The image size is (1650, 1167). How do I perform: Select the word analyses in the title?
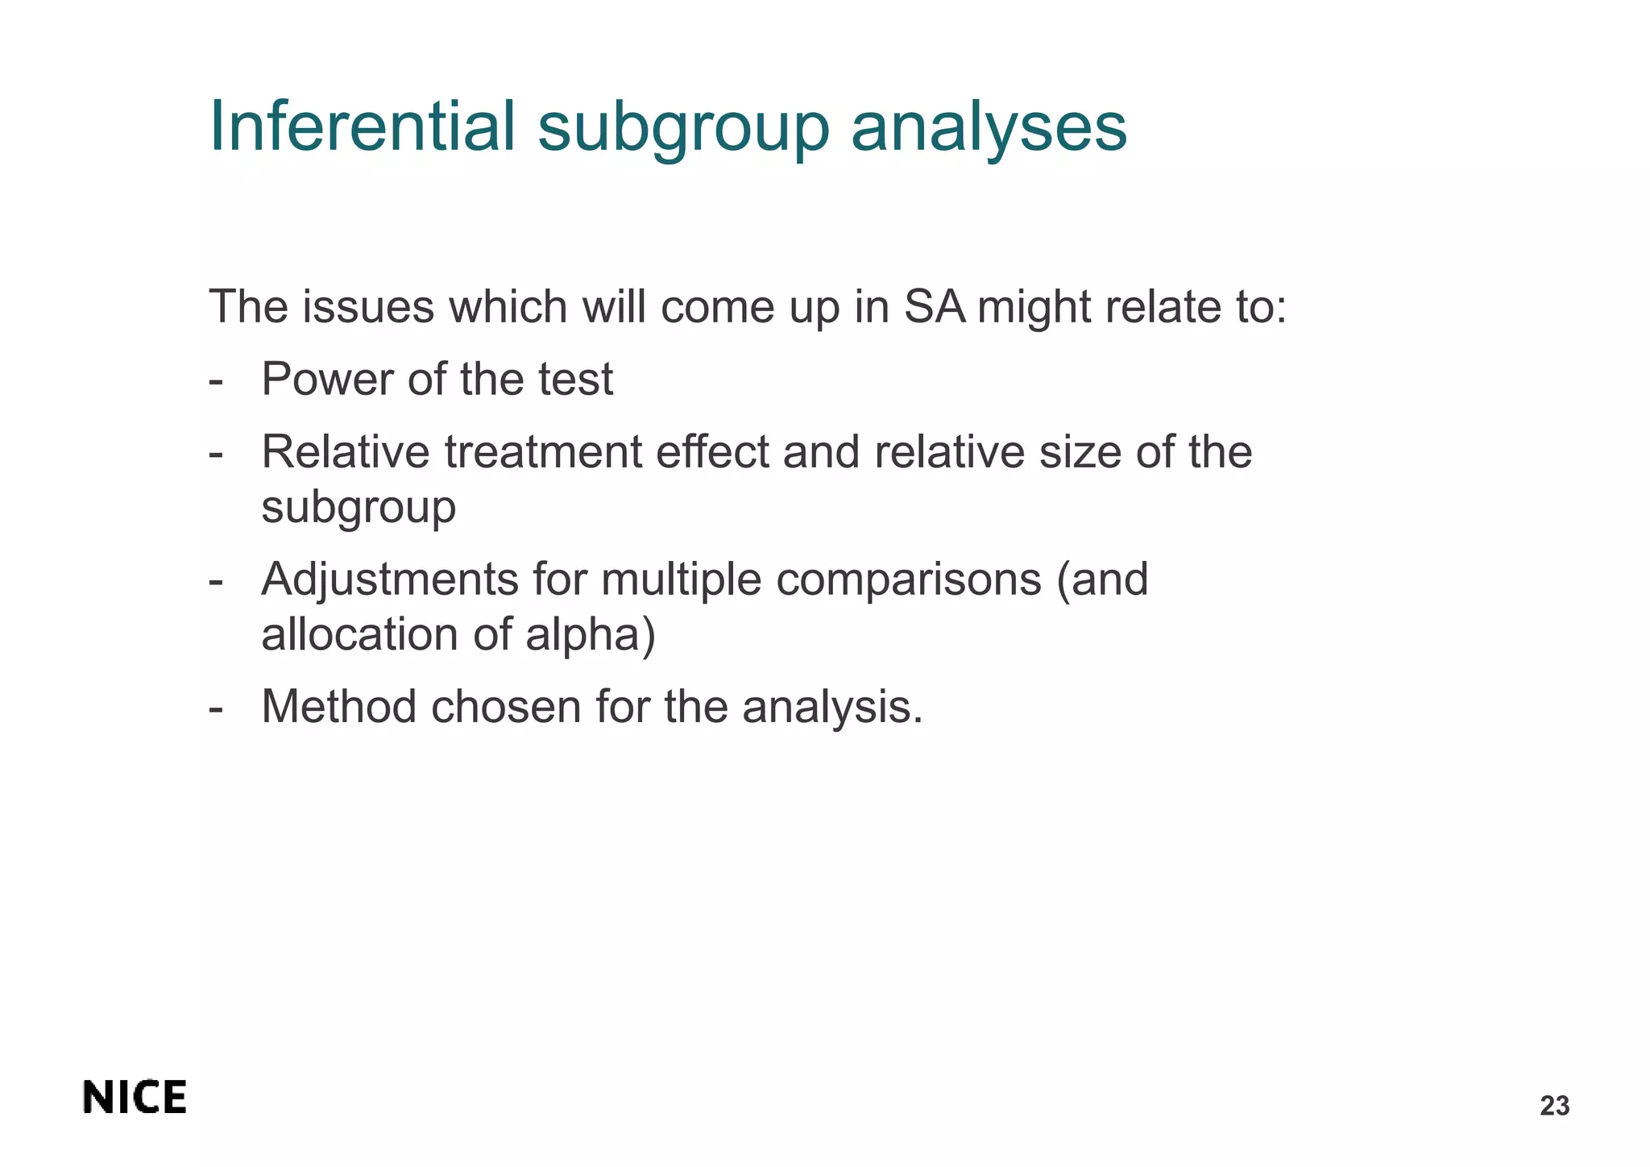(989, 127)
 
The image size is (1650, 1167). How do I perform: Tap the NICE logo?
(135, 1098)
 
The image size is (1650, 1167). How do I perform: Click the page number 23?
(1554, 1107)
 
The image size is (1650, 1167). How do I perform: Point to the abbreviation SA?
(934, 307)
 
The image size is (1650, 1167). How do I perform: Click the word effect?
(712, 451)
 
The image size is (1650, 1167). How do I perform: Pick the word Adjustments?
(389, 579)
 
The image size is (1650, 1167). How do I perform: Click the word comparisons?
(908, 579)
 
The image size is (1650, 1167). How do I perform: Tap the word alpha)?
(591, 634)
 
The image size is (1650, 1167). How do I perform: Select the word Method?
(339, 707)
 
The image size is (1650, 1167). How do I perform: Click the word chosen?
(505, 707)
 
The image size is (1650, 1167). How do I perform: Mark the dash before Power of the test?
(215, 380)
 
